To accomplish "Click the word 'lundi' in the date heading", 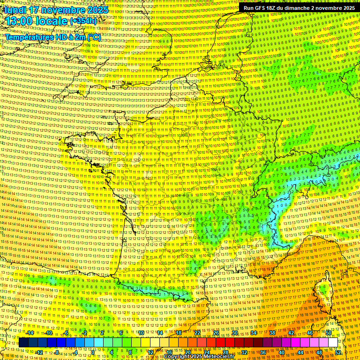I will point(15,10).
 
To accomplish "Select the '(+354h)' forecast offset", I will point(83,21).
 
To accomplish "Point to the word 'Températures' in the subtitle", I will point(29,37).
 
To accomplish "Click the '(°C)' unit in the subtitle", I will point(93,37).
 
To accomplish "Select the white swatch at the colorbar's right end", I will point(333,343).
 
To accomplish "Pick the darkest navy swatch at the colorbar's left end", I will point(24,343).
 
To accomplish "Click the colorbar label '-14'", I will point(30,333).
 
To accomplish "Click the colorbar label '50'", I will point(329,333).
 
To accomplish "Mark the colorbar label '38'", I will point(272,333).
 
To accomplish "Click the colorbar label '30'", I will point(234,333).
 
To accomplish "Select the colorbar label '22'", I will point(197,333).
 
